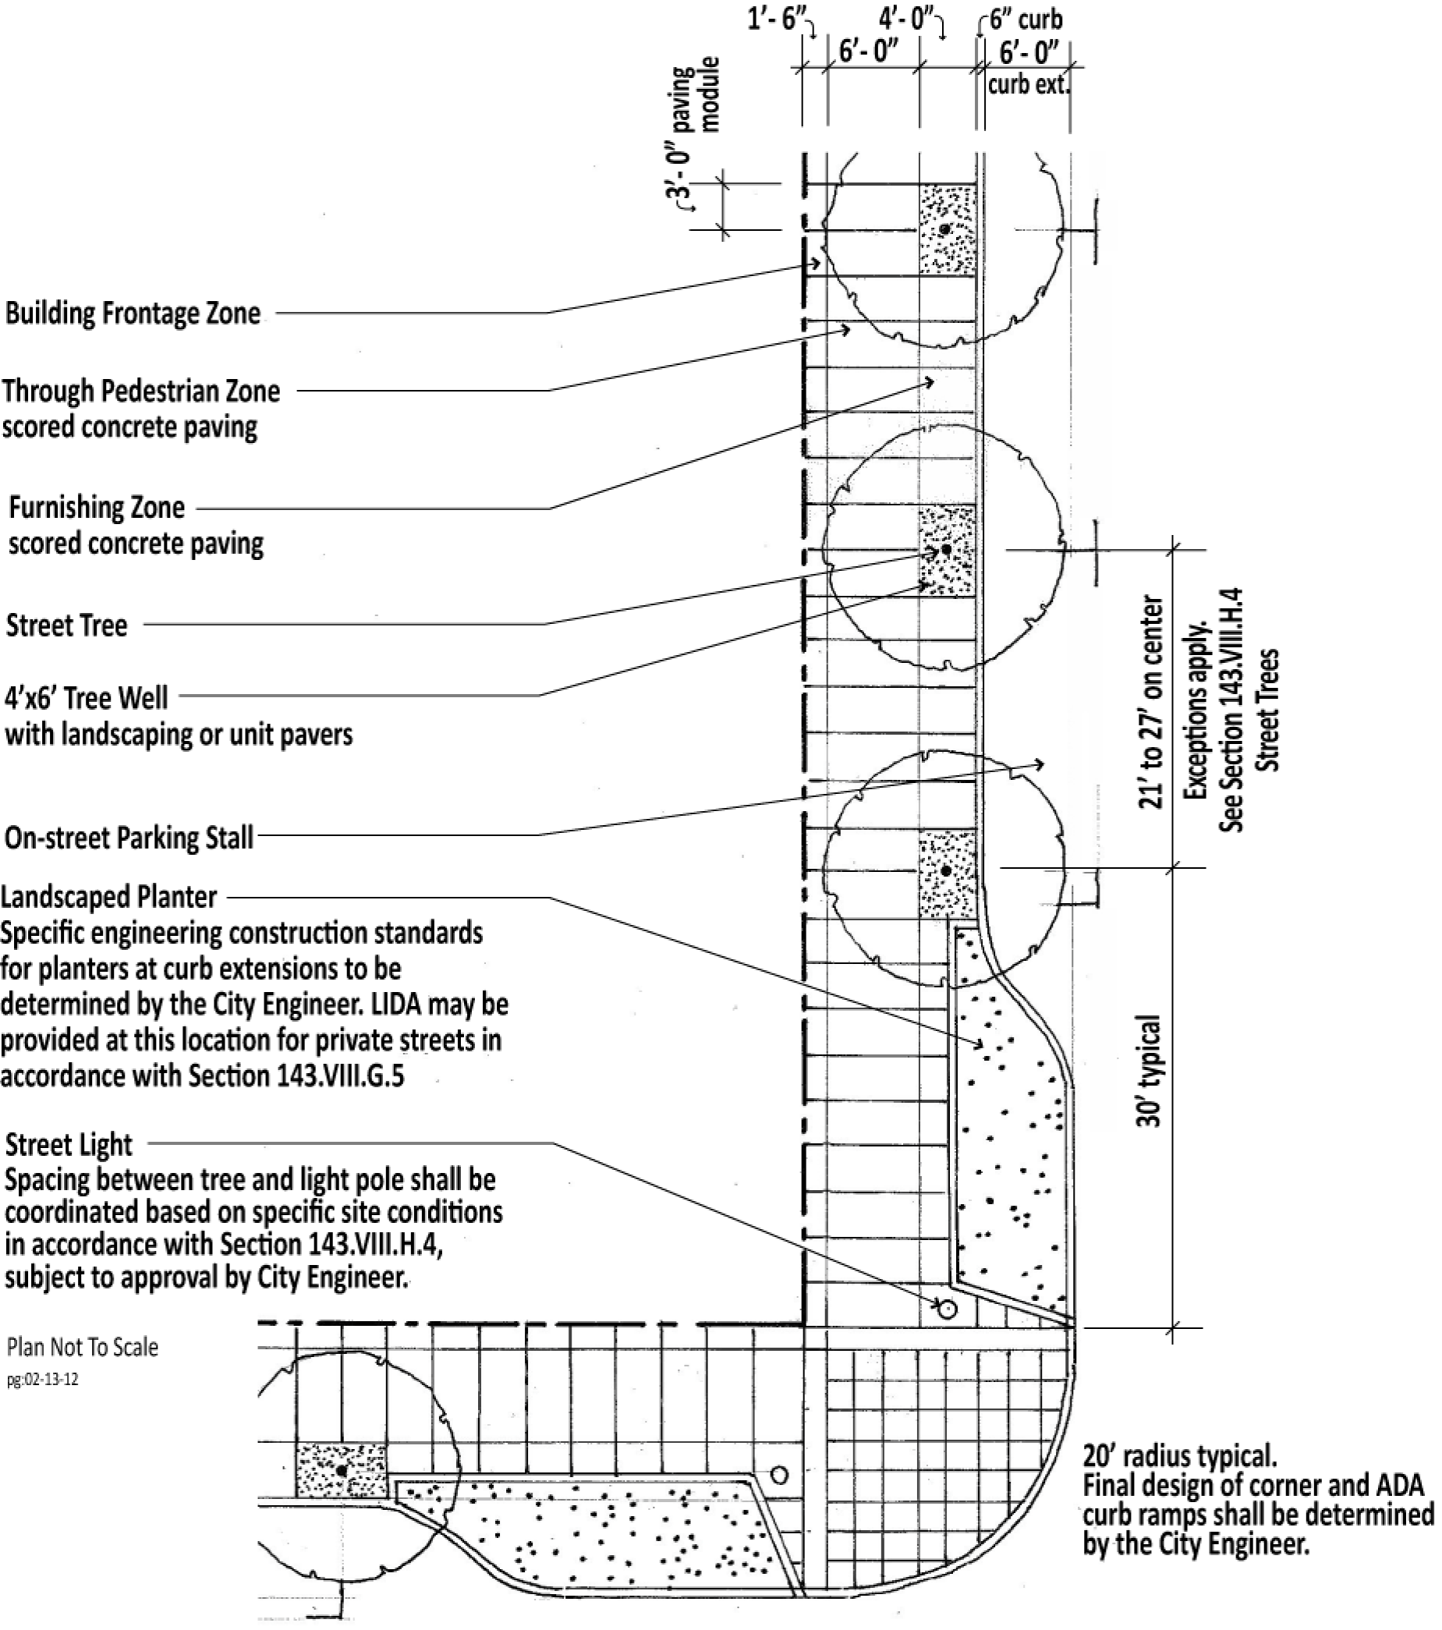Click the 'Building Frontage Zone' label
[x=133, y=314]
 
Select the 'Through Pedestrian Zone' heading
[x=141, y=392]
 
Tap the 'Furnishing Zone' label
[x=97, y=507]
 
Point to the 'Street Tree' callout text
[x=67, y=625]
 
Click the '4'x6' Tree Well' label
[x=86, y=699]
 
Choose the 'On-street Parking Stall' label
[x=129, y=838]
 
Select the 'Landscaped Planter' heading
[x=109, y=897]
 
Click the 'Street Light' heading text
[x=69, y=1145]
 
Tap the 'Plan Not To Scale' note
[x=83, y=1348]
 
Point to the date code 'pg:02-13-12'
[x=43, y=1380]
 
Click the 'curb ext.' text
[x=1027, y=84]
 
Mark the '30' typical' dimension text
[x=1150, y=1071]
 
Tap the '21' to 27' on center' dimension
[x=1151, y=703]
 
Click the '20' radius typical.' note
[x=1180, y=1457]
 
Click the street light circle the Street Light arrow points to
[x=947, y=1309]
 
